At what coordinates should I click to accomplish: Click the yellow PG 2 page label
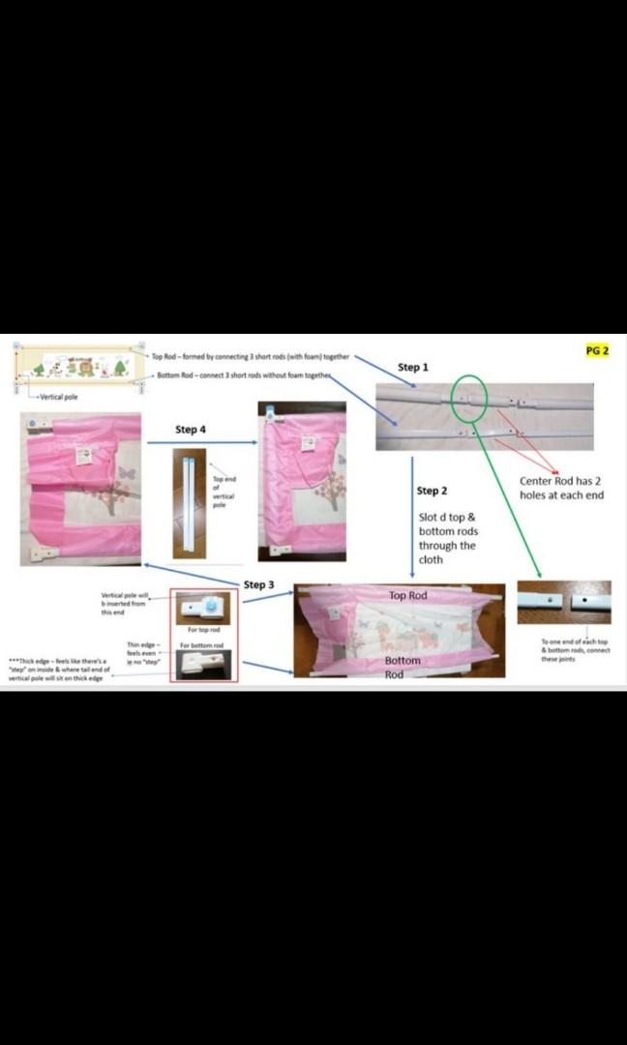coord(598,350)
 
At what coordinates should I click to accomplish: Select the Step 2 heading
coord(432,491)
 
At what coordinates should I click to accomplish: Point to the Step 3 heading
coord(258,584)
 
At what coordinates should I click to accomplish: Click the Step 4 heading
coord(191,429)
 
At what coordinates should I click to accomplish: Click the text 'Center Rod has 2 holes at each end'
coord(561,488)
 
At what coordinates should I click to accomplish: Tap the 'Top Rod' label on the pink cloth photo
coord(407,595)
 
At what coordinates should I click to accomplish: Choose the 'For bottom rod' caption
coord(202,645)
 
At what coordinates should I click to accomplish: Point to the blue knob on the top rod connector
coord(209,607)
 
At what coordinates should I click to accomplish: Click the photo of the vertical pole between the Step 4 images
coord(189,502)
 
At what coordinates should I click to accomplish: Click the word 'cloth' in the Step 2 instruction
coord(431,560)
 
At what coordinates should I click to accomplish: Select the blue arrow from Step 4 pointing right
coord(201,444)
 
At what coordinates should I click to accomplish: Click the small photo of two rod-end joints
coord(563,601)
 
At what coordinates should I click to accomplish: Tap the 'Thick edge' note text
coord(58,667)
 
